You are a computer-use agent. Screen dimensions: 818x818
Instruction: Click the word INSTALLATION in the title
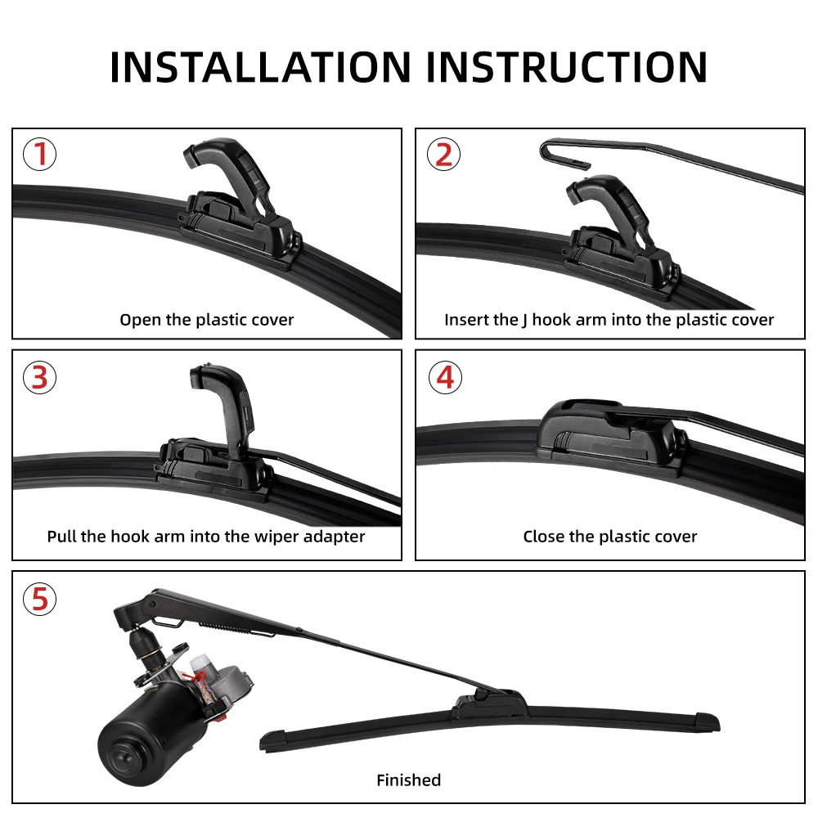click(x=260, y=67)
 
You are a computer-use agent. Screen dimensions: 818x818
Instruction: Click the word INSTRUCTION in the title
click(x=567, y=67)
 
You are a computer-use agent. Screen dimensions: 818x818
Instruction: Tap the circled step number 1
click(x=39, y=154)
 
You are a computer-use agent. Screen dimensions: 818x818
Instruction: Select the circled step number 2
click(x=443, y=154)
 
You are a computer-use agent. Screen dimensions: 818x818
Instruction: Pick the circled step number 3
click(x=39, y=377)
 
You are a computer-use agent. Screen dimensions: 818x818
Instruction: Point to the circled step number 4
click(x=445, y=377)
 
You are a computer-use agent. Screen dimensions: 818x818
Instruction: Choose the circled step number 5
click(x=39, y=599)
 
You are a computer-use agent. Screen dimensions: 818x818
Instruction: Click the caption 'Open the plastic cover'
click(x=207, y=320)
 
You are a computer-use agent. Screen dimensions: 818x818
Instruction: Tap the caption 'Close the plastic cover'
click(x=610, y=537)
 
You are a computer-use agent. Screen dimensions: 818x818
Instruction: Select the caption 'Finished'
click(x=408, y=780)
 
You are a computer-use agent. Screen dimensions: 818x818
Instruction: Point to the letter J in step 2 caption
click(x=524, y=321)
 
